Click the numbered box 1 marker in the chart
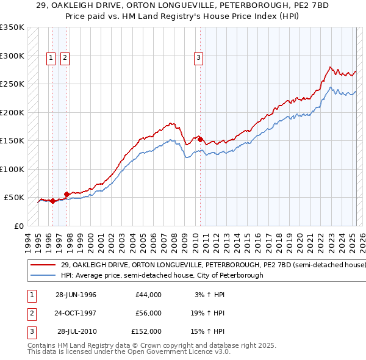coord(50,59)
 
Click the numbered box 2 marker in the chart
coord(64,59)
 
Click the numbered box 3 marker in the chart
coord(199,59)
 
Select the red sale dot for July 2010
coord(200,139)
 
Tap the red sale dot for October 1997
coord(66,194)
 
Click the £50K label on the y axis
coord(13,198)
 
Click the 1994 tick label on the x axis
coord(27,242)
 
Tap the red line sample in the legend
coord(43,265)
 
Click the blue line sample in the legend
coord(43,275)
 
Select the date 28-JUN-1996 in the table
coord(76,295)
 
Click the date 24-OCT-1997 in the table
coord(76,313)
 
